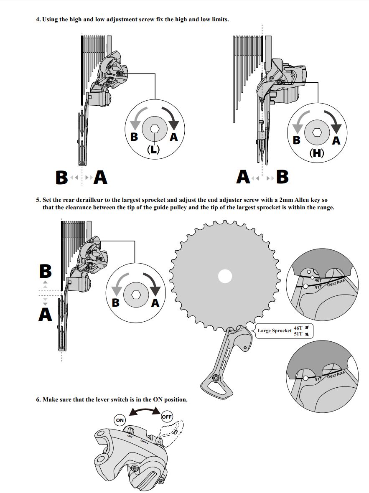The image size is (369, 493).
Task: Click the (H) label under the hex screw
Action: [x=316, y=153]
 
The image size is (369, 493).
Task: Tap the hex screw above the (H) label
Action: [x=316, y=132]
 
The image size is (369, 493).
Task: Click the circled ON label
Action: [x=120, y=420]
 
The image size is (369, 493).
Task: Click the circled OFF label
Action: [x=167, y=417]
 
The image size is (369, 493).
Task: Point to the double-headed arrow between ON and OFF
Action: [x=145, y=412]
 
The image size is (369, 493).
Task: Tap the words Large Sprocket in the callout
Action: [x=275, y=331]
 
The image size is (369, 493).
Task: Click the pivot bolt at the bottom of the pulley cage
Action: [x=216, y=379]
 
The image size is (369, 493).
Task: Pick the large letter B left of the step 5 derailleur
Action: [x=45, y=272]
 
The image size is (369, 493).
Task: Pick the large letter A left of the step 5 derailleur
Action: [x=45, y=314]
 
